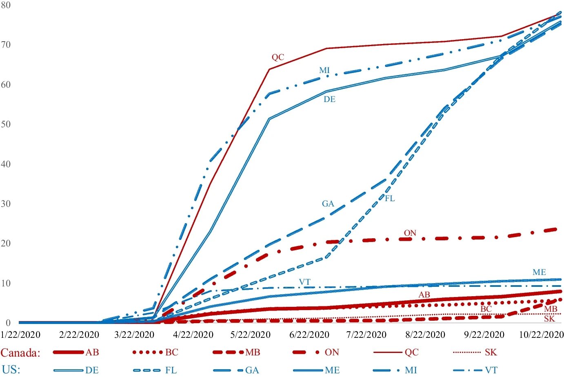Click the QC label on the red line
(278, 57)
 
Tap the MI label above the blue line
(324, 70)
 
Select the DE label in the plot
(329, 99)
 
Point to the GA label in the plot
(328, 204)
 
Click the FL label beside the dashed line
(390, 198)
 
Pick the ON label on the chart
(410, 233)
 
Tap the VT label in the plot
(304, 282)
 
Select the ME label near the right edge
(539, 272)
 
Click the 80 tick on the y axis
(6, 5)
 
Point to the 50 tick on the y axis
(6, 124)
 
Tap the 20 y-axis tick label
(6, 243)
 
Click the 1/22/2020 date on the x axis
(20, 335)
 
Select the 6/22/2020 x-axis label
(309, 335)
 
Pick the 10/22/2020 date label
(541, 335)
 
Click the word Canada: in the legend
(20, 353)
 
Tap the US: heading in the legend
(11, 370)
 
